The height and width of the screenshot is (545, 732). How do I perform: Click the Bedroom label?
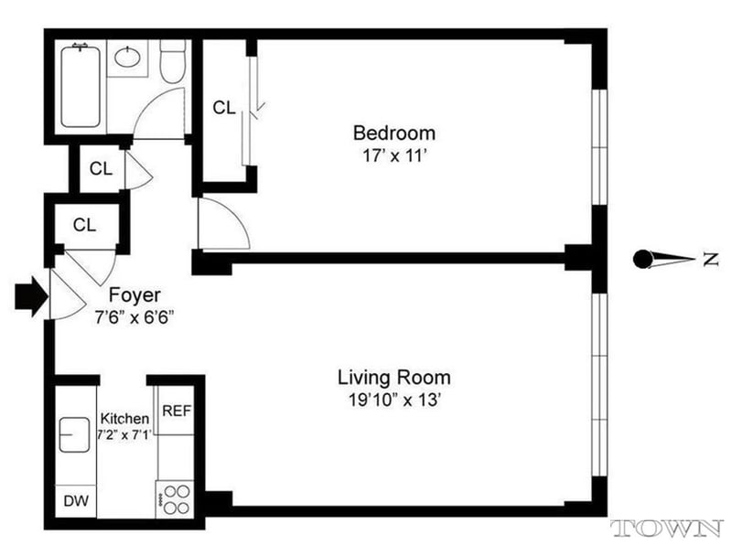(x=394, y=134)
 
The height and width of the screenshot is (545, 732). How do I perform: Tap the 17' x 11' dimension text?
(x=395, y=155)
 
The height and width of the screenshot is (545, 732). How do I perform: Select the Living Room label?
(x=394, y=378)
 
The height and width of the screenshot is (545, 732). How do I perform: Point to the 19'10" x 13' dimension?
(x=395, y=400)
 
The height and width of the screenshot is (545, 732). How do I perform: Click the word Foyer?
(x=135, y=295)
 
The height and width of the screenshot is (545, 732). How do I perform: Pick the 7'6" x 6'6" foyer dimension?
(x=135, y=317)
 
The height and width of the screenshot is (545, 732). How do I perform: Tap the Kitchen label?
(x=125, y=418)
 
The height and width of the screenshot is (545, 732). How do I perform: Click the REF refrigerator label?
(x=177, y=411)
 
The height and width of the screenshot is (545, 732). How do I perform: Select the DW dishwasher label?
(x=76, y=501)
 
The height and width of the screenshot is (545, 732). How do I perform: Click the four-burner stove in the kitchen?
(x=175, y=498)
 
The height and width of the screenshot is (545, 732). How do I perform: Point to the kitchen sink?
(x=74, y=434)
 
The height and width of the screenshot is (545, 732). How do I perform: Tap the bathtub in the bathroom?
(x=81, y=85)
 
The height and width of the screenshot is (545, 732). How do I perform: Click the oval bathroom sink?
(x=127, y=58)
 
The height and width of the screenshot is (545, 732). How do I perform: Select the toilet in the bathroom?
(x=173, y=61)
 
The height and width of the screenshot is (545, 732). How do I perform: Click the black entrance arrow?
(x=31, y=296)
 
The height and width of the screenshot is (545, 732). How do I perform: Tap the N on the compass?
(x=711, y=260)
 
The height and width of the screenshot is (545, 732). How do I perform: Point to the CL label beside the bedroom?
(x=224, y=108)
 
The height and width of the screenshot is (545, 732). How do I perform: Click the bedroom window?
(x=599, y=147)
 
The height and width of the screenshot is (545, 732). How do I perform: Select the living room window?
(x=599, y=385)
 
